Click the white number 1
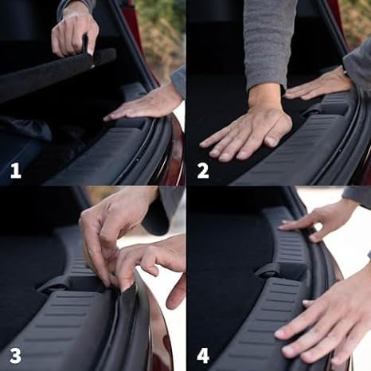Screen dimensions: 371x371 (16, 170)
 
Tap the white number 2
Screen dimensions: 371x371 (203, 170)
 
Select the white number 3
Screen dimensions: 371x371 (15, 355)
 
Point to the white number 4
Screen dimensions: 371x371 (203, 355)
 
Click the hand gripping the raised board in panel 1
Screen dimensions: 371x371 (74, 32)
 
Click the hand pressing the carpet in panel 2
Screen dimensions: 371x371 (247, 133)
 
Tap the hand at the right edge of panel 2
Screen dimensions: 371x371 (318, 85)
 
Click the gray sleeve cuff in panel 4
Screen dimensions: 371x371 (357, 197)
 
